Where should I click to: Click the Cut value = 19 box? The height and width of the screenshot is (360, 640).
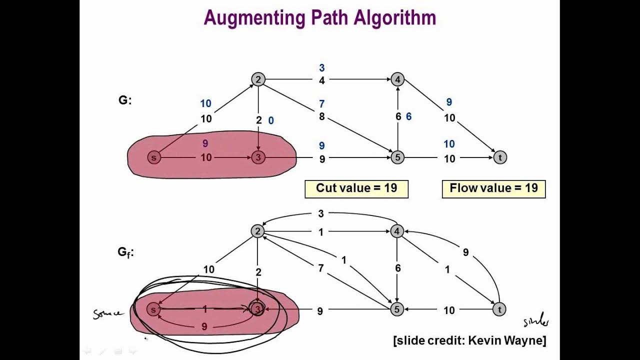pos(356,188)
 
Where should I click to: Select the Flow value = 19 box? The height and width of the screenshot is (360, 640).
pos(493,188)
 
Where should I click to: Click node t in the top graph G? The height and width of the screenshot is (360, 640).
pos(499,158)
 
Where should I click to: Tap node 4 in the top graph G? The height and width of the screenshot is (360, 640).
pos(397,79)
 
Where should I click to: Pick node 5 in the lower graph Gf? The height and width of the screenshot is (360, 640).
pos(396,310)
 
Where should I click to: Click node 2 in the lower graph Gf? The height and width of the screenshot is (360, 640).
pos(257,231)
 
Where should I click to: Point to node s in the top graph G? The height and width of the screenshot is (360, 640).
pos(153,158)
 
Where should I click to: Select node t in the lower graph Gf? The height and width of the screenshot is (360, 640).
pos(499,310)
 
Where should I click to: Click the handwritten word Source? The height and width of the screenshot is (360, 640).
pos(107,314)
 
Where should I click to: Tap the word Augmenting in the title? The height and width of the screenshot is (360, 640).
pos(254,17)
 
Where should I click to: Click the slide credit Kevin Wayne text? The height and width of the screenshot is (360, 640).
pos(469,341)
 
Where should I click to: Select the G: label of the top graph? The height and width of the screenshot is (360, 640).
pos(125,100)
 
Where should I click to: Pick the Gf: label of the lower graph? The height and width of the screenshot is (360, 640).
pos(125,252)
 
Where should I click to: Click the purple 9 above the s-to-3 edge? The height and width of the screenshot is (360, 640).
pos(205,143)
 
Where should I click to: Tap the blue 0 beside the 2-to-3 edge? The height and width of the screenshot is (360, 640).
pos(271,120)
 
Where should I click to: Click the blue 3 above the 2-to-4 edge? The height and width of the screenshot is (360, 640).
pos(322,68)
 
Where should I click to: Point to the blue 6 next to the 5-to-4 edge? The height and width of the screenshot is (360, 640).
pos(408,116)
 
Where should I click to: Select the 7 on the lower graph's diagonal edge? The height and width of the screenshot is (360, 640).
pos(320,268)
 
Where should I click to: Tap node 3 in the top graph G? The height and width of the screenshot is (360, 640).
pos(258,158)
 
